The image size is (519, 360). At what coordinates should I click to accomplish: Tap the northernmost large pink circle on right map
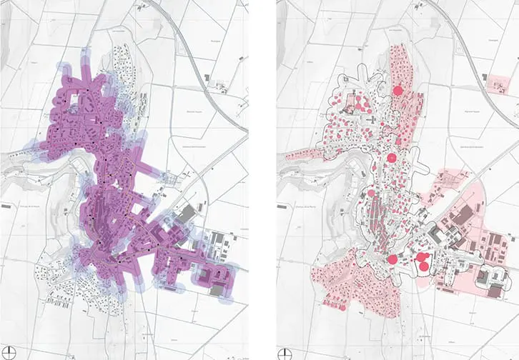[x=398, y=90]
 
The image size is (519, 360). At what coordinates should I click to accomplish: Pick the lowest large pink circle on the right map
[x=423, y=267]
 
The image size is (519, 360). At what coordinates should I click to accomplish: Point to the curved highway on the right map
[x=458, y=50]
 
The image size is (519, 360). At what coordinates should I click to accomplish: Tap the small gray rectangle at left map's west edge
[x=7, y=206]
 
